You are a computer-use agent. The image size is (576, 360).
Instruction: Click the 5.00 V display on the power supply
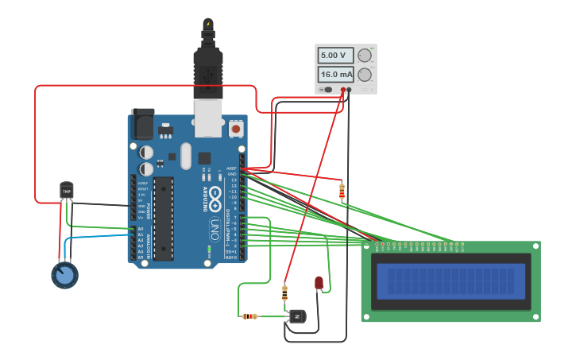334,56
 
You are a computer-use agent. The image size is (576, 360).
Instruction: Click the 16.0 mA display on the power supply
334,75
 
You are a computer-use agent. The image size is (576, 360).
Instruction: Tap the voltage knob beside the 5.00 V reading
365,56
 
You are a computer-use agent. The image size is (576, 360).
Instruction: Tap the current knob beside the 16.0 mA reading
365,75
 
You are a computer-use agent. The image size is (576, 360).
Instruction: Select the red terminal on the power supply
343,90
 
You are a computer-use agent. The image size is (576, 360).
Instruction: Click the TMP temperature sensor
67,191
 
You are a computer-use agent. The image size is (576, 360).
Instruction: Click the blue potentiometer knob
64,275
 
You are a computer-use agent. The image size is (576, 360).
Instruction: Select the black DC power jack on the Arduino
143,123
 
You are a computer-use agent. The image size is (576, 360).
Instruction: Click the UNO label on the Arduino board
215,230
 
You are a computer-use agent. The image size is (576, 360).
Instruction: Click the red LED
319,282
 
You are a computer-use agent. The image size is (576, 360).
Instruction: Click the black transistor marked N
297,316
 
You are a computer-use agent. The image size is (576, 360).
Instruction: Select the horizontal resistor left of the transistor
249,316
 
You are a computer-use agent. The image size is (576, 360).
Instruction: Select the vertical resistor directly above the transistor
285,293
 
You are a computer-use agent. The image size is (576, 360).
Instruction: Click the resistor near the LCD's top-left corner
342,192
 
